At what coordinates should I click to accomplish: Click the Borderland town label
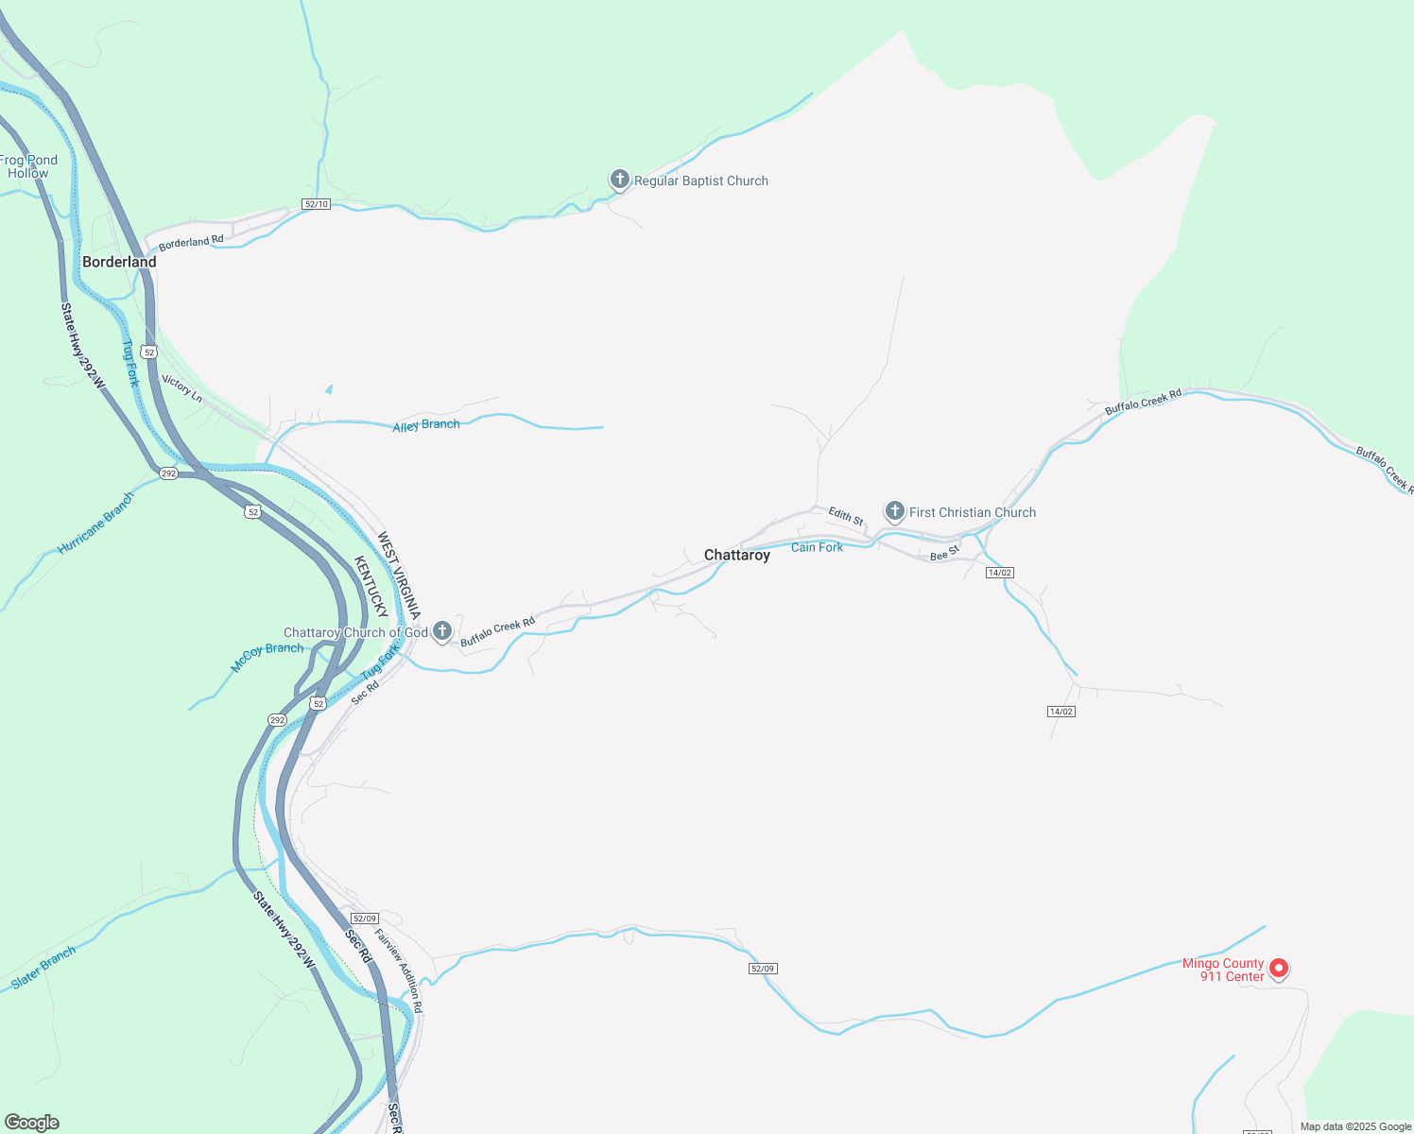119,262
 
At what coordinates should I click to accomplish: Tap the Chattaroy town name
737,555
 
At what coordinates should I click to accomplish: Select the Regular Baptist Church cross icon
619,180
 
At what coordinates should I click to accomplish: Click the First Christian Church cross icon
894,511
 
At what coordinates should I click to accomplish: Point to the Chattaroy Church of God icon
441,631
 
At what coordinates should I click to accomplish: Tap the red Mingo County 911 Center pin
1278,968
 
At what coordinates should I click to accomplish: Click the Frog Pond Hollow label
28,166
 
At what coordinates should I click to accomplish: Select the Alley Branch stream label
426,425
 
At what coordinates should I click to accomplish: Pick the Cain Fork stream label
817,547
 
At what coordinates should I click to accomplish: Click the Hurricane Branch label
95,523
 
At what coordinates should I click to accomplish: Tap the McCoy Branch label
267,657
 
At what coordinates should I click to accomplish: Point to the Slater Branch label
43,969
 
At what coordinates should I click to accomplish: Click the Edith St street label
846,516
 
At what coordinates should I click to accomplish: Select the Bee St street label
944,553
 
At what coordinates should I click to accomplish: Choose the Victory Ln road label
182,387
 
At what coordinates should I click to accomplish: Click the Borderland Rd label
191,242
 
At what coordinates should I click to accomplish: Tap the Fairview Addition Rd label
399,971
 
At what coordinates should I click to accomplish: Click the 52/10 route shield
316,204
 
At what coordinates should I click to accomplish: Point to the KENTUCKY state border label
371,586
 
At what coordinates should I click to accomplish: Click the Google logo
32,1123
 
